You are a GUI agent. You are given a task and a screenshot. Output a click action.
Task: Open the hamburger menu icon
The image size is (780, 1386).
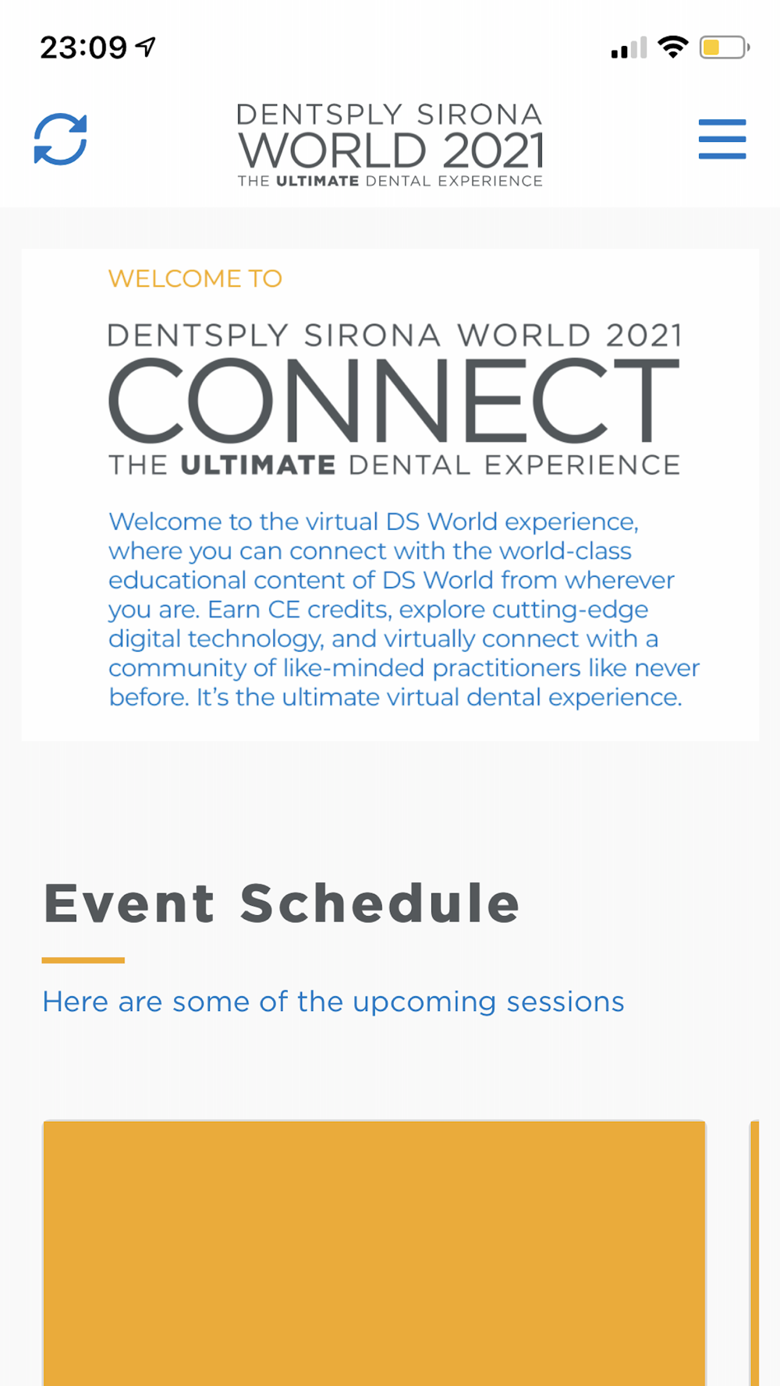pos(722,139)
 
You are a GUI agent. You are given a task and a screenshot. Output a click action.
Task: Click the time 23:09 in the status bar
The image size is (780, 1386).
pos(83,48)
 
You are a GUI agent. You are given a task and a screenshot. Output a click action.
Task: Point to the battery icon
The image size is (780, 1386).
pos(725,48)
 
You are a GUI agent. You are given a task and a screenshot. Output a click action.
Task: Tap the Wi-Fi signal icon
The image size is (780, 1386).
pos(672,47)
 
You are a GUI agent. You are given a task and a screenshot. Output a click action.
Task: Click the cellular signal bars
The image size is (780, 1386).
pos(629,48)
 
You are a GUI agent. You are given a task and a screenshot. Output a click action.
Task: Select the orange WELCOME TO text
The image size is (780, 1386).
pos(195,278)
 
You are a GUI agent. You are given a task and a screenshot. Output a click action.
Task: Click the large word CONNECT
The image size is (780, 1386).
pos(394,400)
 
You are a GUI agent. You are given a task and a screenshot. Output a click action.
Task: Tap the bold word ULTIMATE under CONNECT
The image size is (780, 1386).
pos(257,465)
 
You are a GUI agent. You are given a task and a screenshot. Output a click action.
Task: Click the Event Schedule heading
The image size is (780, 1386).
pos(282,903)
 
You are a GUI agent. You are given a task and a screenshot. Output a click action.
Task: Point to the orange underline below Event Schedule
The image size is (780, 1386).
pos(83,960)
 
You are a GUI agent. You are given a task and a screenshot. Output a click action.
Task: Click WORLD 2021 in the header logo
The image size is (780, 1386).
pos(391,150)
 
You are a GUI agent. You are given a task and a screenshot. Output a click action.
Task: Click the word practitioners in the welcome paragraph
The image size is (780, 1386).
pos(507,669)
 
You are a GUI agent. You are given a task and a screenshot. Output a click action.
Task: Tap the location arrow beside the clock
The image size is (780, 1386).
pos(146,47)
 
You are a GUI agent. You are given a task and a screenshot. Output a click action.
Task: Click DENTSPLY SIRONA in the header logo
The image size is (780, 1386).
pos(389,115)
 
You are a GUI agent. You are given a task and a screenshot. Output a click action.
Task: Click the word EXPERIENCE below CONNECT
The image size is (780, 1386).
pos(583,465)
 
